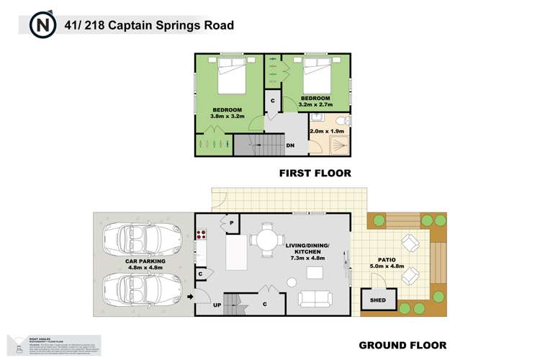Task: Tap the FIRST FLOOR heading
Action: click(x=315, y=173)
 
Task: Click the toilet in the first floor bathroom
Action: click(x=343, y=120)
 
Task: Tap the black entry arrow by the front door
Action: click(x=190, y=296)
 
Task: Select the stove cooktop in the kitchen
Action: click(x=202, y=233)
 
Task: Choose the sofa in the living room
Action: click(x=318, y=297)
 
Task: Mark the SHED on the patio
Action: click(x=377, y=300)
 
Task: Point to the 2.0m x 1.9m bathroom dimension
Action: click(x=326, y=132)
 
